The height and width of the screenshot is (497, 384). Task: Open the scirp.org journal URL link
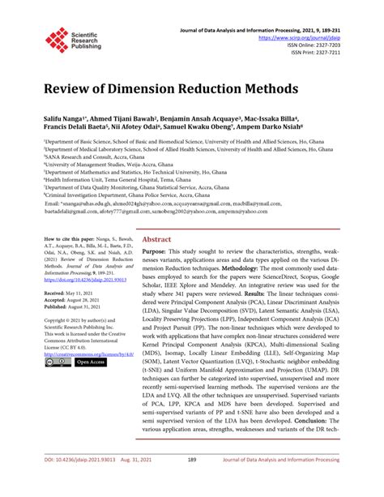pos(316,38)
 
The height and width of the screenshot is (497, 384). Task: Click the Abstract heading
pos(156,240)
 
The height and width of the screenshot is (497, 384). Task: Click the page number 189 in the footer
pos(192,460)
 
